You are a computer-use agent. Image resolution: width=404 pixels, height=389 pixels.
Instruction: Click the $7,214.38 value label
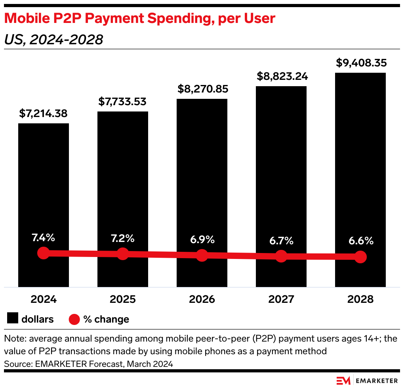click(x=43, y=114)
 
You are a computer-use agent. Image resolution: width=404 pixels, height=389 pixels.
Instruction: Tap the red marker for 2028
click(x=360, y=257)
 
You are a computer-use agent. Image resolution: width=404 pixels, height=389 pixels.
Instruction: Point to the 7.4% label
click(x=43, y=238)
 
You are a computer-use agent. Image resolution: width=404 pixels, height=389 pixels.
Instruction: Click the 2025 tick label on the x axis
click(x=122, y=299)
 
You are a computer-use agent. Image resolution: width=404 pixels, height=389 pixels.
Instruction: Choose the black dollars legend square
click(x=13, y=319)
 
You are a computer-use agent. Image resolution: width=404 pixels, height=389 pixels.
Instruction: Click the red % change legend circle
click(x=74, y=319)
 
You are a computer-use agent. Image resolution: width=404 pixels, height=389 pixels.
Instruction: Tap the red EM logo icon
click(x=343, y=380)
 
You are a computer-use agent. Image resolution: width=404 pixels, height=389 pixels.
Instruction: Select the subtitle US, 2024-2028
click(x=53, y=40)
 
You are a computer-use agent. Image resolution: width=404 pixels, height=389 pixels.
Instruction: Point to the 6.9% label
click(x=202, y=239)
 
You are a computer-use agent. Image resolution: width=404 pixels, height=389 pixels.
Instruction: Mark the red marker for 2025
click(x=123, y=254)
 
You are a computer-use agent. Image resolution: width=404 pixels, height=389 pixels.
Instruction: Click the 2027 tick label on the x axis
click(x=281, y=299)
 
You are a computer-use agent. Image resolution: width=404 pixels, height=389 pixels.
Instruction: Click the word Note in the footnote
click(x=13, y=339)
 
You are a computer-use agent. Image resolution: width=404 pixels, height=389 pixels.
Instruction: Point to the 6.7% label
click(x=281, y=240)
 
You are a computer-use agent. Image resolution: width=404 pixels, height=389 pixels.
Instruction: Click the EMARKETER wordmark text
click(x=377, y=381)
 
